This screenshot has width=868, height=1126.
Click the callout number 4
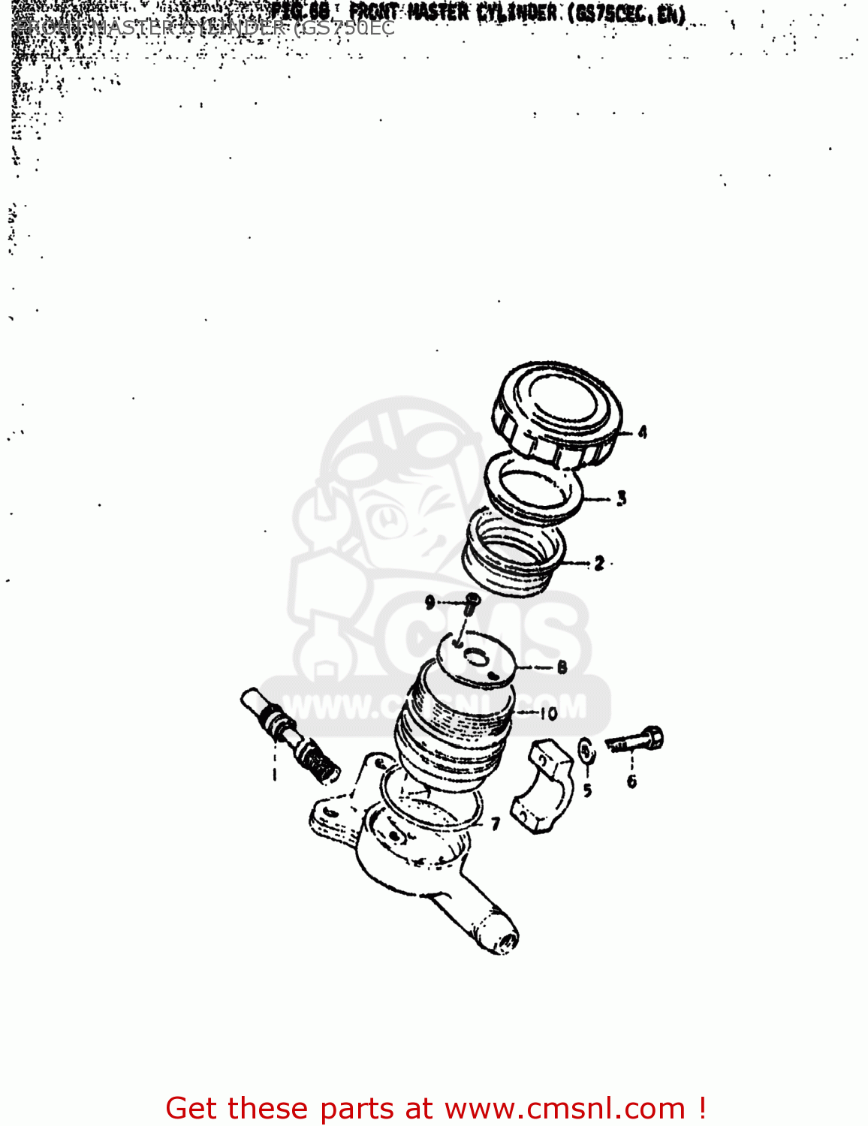642,432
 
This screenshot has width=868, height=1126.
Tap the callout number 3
621,498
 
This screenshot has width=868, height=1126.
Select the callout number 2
598,563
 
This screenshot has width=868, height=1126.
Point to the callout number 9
430,602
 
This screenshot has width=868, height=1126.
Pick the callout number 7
495,824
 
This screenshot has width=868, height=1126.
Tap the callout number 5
587,790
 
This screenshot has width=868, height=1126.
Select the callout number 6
631,781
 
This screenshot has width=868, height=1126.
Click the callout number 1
274,773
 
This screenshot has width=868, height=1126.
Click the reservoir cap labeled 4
557,413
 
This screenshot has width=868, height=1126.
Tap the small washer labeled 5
586,749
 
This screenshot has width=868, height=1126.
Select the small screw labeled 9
471,603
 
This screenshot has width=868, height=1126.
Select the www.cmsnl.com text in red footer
565,1108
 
